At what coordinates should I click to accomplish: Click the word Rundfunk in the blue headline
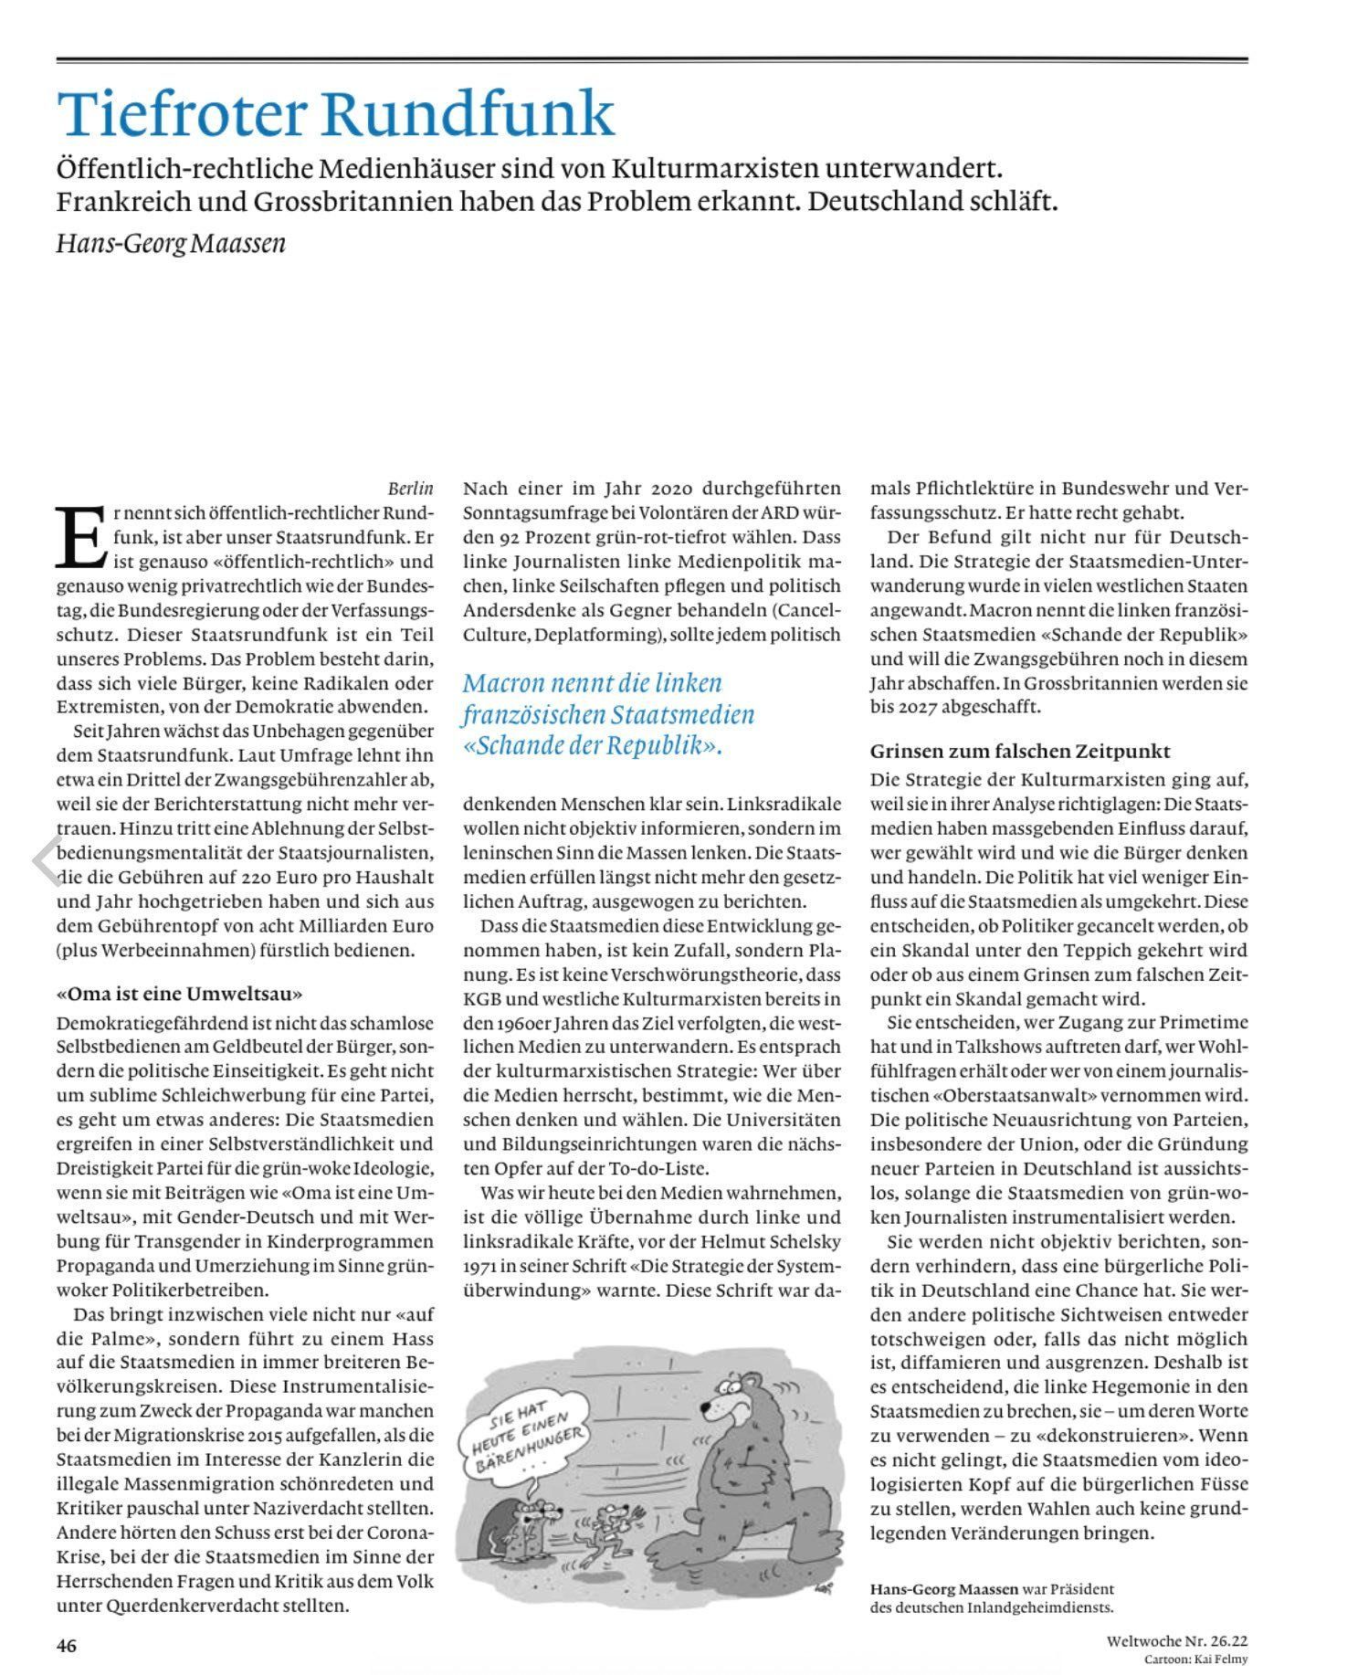(x=467, y=113)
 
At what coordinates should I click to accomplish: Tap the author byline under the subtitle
(x=171, y=244)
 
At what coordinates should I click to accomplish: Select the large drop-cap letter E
(x=80, y=535)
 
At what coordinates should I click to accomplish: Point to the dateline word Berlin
(x=411, y=490)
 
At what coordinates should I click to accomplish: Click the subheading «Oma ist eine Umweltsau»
(x=179, y=993)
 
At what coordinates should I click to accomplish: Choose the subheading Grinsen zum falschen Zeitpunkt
(x=1020, y=751)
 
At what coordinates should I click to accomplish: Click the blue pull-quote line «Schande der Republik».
(x=594, y=745)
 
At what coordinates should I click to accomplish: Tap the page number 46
(x=67, y=1646)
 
